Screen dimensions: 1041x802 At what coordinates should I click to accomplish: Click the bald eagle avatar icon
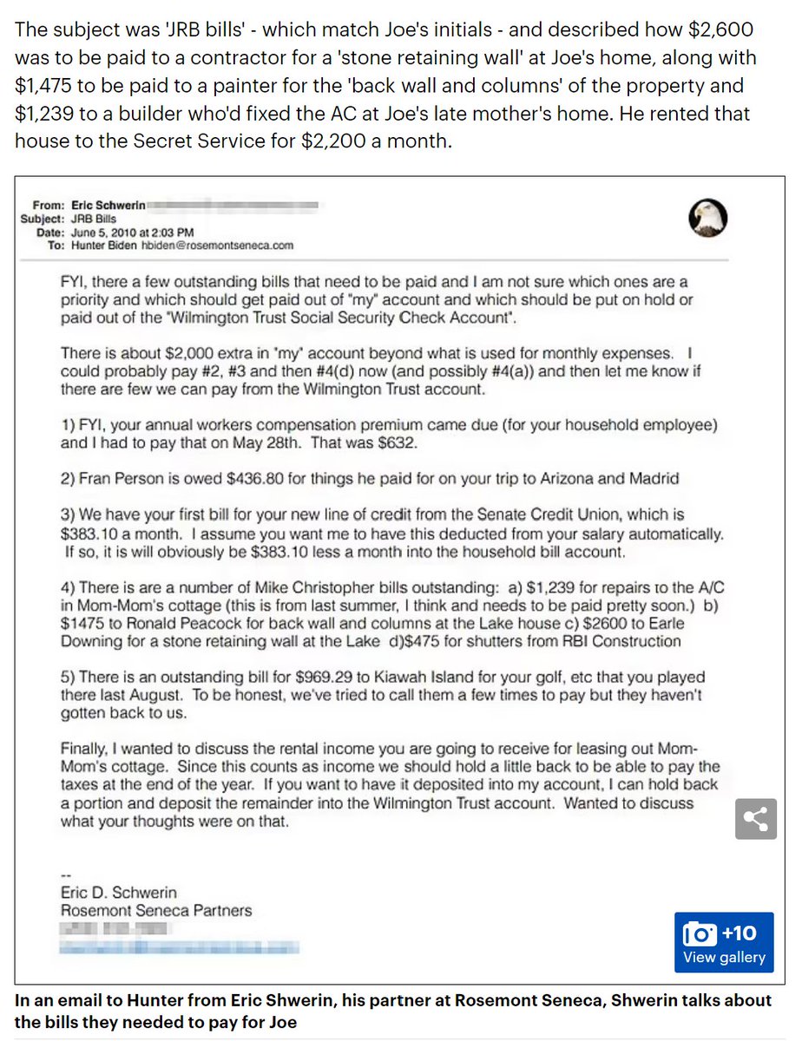click(707, 219)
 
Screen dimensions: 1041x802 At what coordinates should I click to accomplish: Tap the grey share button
click(755, 817)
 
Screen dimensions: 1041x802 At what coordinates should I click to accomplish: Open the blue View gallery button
click(724, 942)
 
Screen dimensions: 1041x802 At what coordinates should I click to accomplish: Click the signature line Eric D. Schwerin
click(118, 892)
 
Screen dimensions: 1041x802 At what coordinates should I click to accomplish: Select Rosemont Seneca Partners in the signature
click(156, 910)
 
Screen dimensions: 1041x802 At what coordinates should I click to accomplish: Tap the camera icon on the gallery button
click(700, 933)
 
